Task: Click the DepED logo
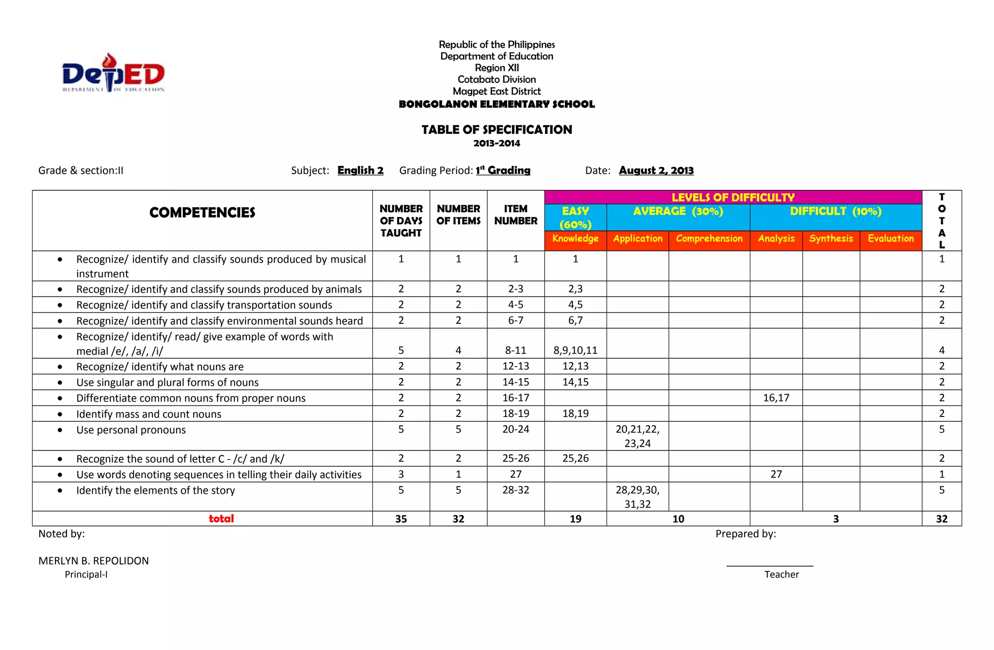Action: point(113,73)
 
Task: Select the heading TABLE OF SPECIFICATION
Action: point(497,130)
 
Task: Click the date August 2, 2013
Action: point(656,170)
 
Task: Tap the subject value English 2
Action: point(360,170)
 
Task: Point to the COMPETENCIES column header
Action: point(202,213)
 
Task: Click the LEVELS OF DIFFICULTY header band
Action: point(732,198)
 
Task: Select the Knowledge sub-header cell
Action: point(575,239)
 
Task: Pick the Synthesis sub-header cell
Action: point(830,239)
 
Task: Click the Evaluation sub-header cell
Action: point(890,239)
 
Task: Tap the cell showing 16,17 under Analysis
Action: point(776,398)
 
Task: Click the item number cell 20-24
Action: point(515,430)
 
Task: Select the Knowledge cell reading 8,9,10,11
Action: point(575,350)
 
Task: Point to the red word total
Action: point(221,519)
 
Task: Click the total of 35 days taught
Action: point(401,519)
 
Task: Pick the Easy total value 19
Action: point(575,519)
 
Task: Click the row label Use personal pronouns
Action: point(131,430)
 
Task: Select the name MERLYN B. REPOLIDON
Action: point(94,561)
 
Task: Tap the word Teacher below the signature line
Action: point(781,575)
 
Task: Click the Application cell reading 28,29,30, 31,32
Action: point(637,497)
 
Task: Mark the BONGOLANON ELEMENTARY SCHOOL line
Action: point(497,104)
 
